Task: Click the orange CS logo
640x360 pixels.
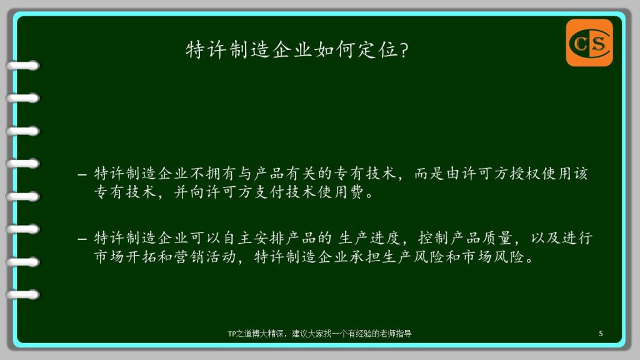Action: tap(589, 42)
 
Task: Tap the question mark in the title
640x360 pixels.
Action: tap(404, 50)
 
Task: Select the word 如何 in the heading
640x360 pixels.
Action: tap(334, 50)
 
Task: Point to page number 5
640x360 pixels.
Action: tap(601, 334)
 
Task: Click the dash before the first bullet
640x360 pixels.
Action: tap(82, 175)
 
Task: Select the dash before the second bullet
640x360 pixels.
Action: tap(82, 239)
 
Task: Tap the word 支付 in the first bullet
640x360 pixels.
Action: tap(270, 192)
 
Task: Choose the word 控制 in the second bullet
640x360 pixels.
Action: tap(434, 237)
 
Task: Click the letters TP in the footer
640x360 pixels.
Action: tap(232, 334)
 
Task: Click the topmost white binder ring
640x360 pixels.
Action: tap(23, 65)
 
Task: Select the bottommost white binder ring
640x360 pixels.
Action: tap(23, 294)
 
